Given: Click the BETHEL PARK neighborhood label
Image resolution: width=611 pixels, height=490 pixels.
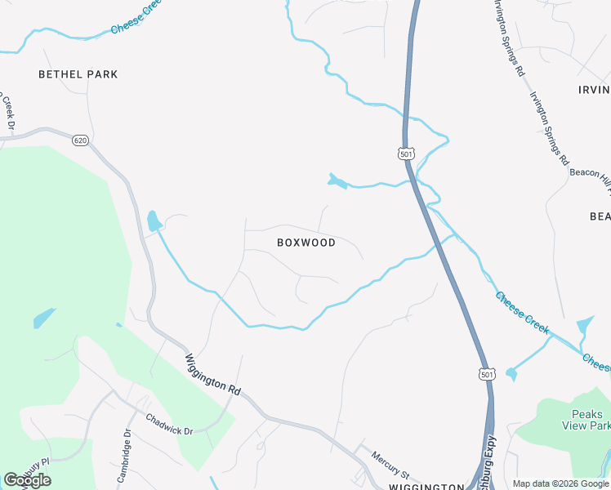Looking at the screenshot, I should pyautogui.click(x=78, y=74).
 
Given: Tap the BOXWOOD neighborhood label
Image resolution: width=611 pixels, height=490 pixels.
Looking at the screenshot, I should pyautogui.click(x=306, y=243).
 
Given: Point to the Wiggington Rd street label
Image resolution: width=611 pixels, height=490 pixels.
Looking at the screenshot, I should pyautogui.click(x=212, y=375).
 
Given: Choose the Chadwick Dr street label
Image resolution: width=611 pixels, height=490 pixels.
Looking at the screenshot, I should pyautogui.click(x=169, y=424).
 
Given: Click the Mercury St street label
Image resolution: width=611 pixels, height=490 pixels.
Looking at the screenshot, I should pyautogui.click(x=389, y=465).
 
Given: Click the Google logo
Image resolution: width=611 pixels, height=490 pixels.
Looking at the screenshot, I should pyautogui.click(x=27, y=480).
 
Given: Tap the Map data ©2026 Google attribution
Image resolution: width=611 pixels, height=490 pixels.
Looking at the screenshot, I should pyautogui.click(x=560, y=483).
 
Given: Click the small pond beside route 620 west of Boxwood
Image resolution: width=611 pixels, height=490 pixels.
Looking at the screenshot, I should pyautogui.click(x=153, y=220).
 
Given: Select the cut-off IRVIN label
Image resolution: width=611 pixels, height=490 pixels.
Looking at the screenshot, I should pyautogui.click(x=594, y=90).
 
